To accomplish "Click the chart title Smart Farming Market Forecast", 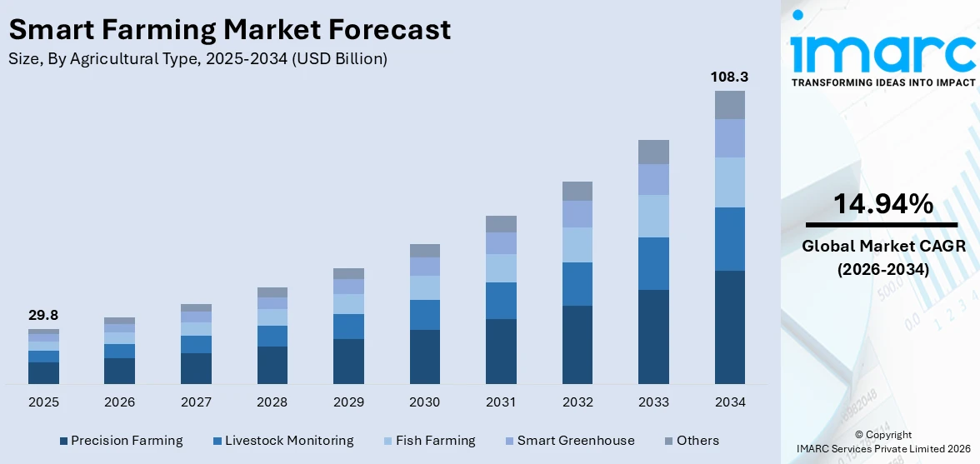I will click(x=230, y=30).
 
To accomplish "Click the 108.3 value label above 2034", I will click(x=729, y=77).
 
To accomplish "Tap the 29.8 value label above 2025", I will click(x=43, y=315).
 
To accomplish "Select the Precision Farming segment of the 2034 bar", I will click(x=729, y=327).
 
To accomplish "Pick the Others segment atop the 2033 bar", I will click(x=653, y=152).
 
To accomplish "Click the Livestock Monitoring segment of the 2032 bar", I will click(x=577, y=284).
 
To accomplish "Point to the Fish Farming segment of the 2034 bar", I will click(x=729, y=182).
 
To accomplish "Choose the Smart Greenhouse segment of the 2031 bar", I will click(x=501, y=243).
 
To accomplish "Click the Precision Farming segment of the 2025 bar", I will click(x=43, y=372).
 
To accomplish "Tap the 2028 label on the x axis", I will click(x=272, y=402).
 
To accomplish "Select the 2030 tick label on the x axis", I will click(x=424, y=402).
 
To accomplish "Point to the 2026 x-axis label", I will click(x=119, y=402).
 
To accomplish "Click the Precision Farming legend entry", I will click(x=121, y=441).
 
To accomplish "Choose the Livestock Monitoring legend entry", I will click(x=283, y=441).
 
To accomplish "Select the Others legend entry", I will click(x=691, y=441).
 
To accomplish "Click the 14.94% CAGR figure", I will click(x=882, y=204).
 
